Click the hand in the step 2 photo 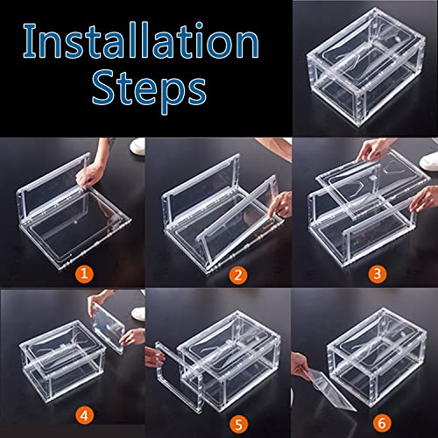pyautogui.click(x=278, y=230)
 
